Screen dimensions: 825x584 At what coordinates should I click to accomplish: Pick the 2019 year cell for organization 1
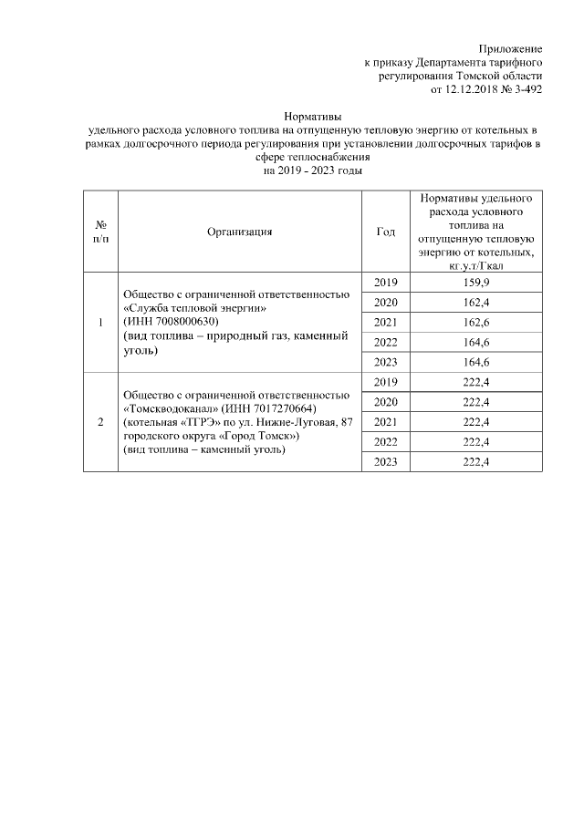tap(386, 283)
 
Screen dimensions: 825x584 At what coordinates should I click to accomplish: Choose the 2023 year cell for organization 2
tap(386, 461)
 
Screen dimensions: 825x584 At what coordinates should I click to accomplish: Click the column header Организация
tap(240, 232)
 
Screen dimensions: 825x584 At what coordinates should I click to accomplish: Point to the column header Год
tap(386, 232)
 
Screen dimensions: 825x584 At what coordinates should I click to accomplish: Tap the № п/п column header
tap(100, 232)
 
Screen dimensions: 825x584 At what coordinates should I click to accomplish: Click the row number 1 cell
tap(100, 322)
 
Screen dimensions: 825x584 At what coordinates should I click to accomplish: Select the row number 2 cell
tap(100, 422)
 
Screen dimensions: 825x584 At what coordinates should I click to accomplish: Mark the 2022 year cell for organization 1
tap(386, 342)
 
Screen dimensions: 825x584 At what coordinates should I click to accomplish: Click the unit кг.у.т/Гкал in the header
tap(476, 266)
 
